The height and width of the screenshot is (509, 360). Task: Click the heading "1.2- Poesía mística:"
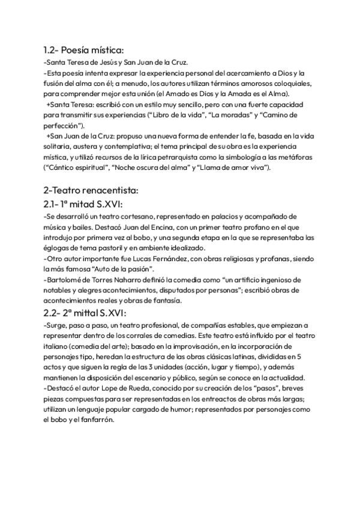pos(83,50)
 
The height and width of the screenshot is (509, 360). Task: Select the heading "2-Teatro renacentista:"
pos(91,190)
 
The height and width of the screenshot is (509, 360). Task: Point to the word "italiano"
pos(58,347)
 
